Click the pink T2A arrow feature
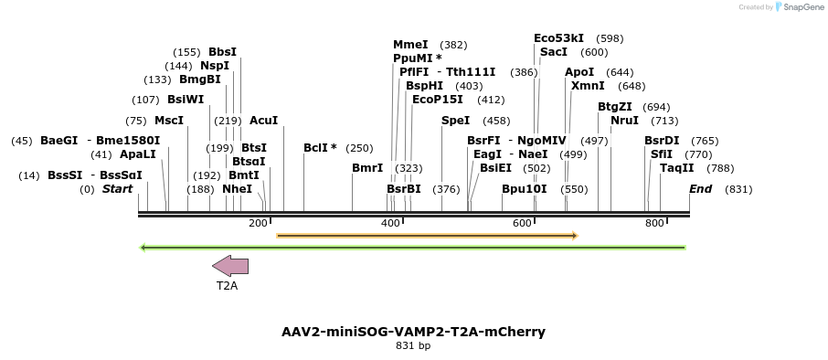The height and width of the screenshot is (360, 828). [230, 266]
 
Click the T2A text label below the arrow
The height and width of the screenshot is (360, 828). [227, 286]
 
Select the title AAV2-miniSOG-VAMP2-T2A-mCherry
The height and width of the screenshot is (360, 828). [413, 331]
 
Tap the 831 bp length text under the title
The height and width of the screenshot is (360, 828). [413, 346]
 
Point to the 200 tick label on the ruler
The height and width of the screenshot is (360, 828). [258, 223]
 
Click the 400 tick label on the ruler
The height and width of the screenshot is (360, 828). [390, 223]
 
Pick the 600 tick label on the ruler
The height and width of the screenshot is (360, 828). [522, 223]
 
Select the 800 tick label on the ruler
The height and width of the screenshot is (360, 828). [654, 223]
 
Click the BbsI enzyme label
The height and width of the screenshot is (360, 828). [222, 52]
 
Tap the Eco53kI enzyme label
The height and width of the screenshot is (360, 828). [558, 38]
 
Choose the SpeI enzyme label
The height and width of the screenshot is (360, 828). [455, 121]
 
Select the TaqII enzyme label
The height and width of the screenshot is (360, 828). [676, 168]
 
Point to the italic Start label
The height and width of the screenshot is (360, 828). [117, 189]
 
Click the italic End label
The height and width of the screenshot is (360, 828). [700, 189]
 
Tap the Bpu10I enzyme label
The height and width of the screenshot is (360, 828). [524, 189]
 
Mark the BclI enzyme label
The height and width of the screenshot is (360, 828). [320, 148]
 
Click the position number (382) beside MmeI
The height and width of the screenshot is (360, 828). [453, 45]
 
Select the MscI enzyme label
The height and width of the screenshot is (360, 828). [169, 121]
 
